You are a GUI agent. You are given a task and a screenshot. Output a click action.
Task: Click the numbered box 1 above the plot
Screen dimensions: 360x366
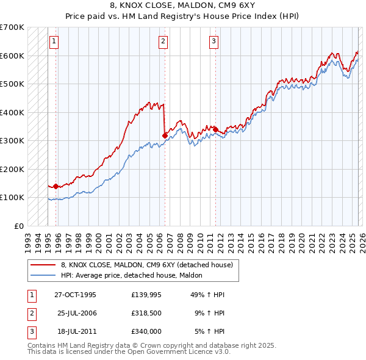54,41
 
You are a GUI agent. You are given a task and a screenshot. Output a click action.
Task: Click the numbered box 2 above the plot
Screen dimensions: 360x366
163,41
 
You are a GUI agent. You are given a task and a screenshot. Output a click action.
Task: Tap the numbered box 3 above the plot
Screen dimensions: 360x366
214,41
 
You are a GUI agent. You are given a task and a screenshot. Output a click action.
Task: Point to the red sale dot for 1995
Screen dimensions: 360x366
56,186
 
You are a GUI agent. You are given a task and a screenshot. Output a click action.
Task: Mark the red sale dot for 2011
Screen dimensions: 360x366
215,129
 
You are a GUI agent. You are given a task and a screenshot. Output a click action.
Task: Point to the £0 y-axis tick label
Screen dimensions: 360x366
19,226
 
